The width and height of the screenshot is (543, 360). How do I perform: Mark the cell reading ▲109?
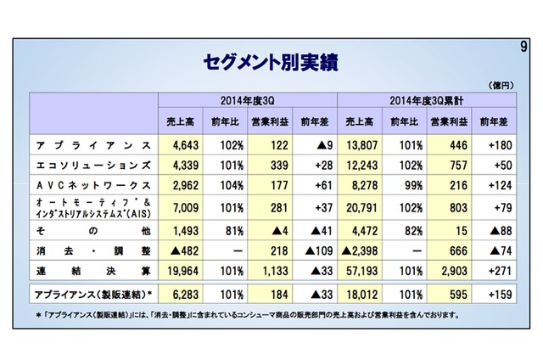coord(317,251)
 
